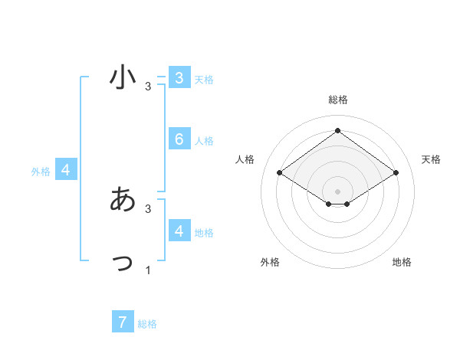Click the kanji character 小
123,77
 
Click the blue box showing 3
179,78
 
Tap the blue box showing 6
179,139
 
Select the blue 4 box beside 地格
179,231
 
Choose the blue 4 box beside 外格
66,170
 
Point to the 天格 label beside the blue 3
204,80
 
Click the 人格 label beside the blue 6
204,141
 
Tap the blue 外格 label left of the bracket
41,172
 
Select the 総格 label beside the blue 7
147,324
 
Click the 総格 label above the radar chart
337,100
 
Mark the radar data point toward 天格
396,173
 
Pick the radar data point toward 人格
279,173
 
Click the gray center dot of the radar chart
337,191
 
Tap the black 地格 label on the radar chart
402,262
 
